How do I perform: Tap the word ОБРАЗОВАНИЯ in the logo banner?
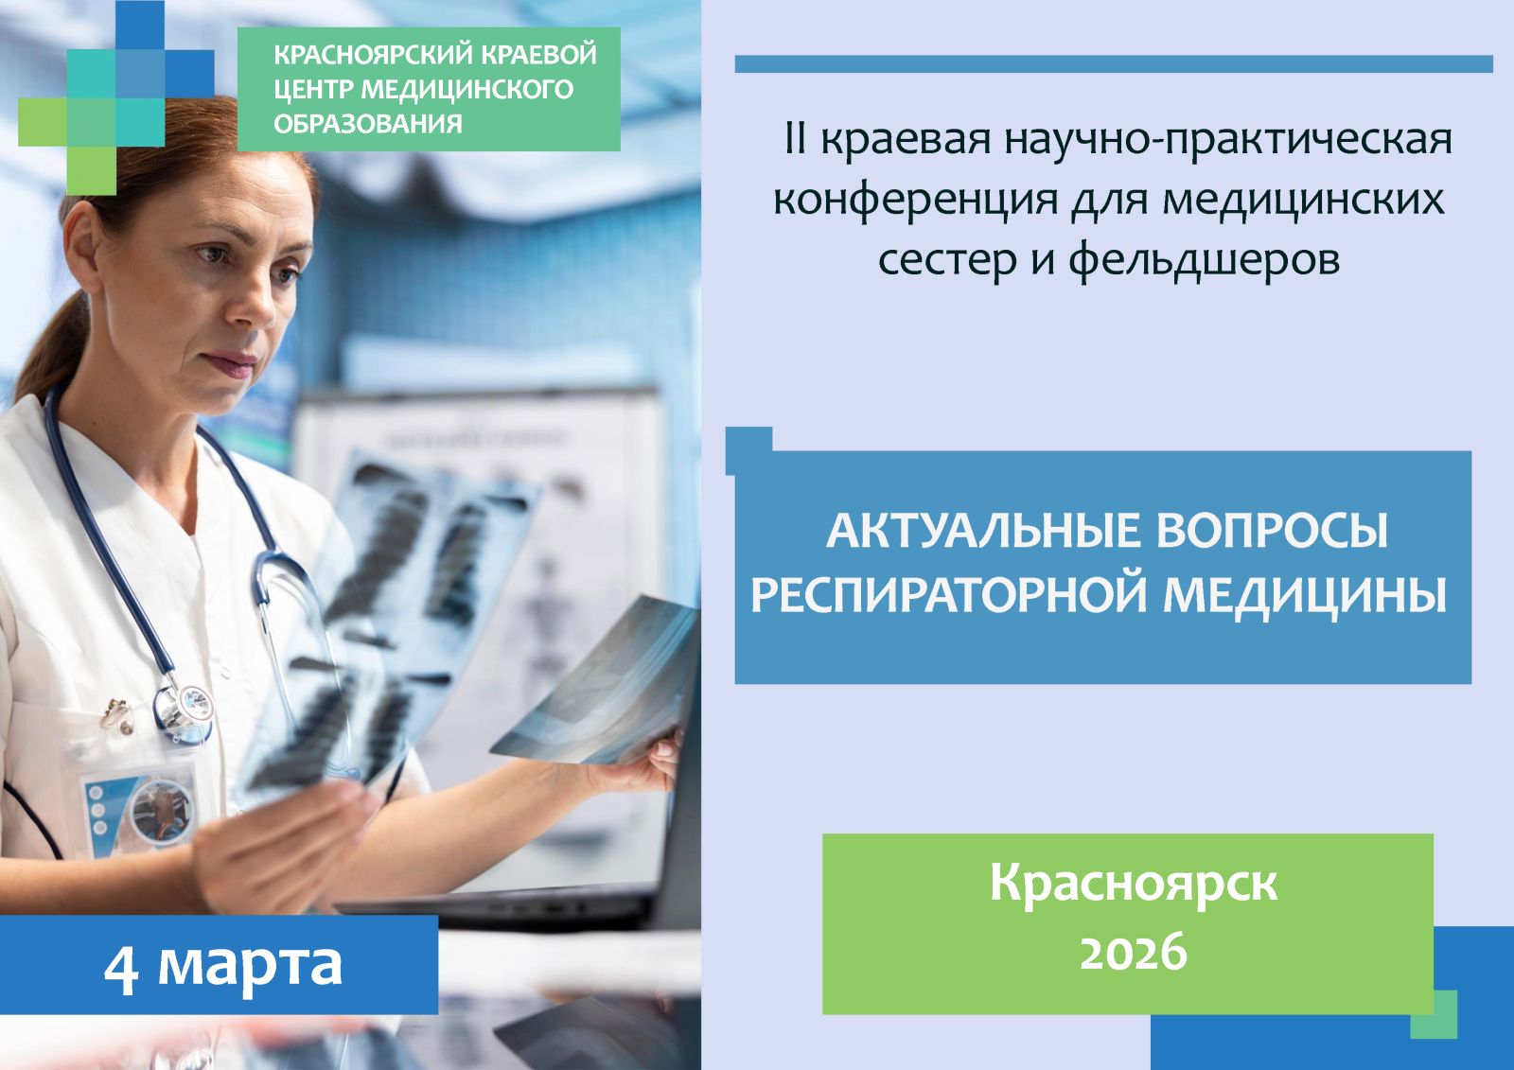click(368, 124)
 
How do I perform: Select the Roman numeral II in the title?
click(796, 139)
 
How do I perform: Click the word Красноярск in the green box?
click(1134, 884)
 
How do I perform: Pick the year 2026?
click(1133, 951)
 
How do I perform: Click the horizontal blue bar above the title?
click(1114, 63)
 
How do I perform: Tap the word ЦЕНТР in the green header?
click(313, 89)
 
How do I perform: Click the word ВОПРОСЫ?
click(1272, 532)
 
